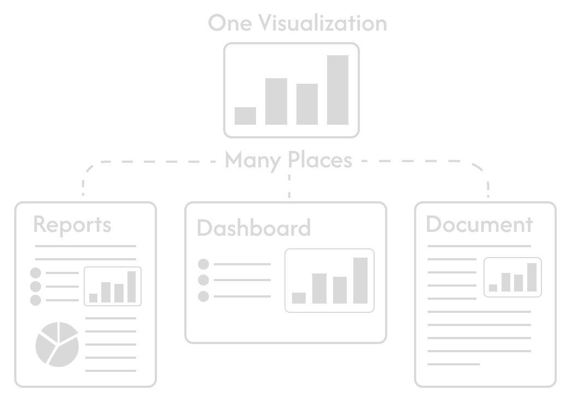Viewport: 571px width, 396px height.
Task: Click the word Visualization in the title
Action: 323,24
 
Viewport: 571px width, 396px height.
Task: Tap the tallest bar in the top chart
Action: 337,90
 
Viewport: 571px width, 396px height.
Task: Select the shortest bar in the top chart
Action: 245,115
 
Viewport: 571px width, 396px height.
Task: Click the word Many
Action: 253,160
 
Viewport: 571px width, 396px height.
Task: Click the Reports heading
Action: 72,225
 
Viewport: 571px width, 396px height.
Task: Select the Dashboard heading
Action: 253,228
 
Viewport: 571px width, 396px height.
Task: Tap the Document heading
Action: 479,224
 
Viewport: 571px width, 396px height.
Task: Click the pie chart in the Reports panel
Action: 57,344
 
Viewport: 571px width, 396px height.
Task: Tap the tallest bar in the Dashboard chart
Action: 360,280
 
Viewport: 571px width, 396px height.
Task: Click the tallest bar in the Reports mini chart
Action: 131,286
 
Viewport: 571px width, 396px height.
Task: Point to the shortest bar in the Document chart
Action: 493,287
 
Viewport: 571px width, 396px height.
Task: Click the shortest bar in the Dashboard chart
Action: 299,298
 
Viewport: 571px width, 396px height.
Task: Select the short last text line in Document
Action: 453,364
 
